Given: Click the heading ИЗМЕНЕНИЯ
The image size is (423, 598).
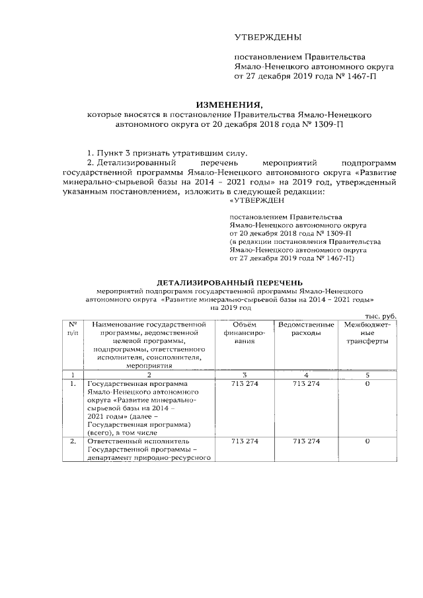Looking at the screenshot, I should pyautogui.click(x=229, y=104).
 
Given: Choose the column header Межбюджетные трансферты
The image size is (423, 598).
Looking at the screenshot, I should pyautogui.click(x=367, y=333).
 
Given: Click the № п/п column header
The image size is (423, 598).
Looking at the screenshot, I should pyautogui.click(x=73, y=328).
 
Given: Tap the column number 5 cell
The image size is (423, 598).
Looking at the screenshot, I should pyautogui.click(x=367, y=375).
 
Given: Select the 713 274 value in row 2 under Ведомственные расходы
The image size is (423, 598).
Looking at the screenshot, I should pyautogui.click(x=305, y=441).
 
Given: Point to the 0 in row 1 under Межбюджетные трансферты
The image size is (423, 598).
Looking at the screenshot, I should pyautogui.click(x=367, y=384).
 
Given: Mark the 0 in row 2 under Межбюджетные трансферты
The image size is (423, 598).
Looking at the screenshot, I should pyautogui.click(x=367, y=441).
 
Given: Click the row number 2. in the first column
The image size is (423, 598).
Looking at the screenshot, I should pyautogui.click(x=73, y=441).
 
